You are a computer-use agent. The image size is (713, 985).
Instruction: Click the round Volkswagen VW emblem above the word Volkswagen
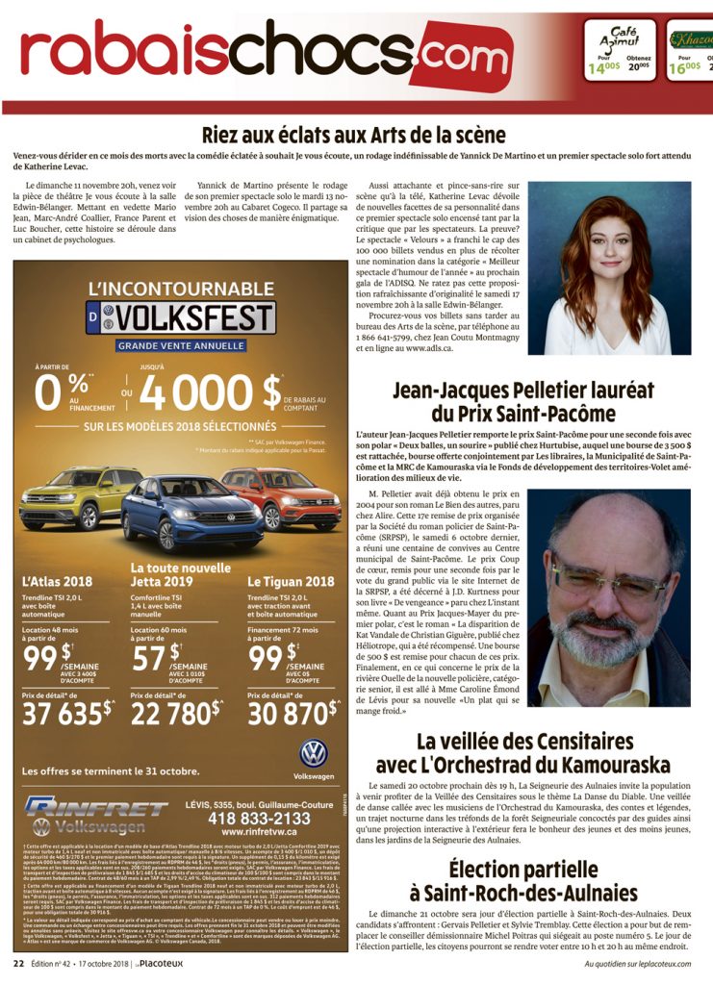point(313,753)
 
